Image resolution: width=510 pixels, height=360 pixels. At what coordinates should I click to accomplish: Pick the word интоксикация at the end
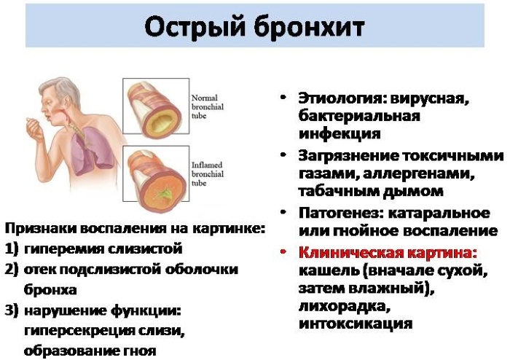356,324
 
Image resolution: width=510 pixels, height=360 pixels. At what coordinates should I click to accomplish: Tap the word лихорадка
344,305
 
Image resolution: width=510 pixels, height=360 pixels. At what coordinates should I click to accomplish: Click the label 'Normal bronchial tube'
207,106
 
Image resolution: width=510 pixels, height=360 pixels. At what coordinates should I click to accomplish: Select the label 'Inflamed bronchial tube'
207,174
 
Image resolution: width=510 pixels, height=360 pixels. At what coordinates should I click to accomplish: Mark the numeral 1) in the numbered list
12,249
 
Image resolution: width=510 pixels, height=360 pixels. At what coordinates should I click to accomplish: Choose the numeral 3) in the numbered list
12,310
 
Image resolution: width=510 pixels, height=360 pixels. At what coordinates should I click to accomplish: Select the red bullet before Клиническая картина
283,251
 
